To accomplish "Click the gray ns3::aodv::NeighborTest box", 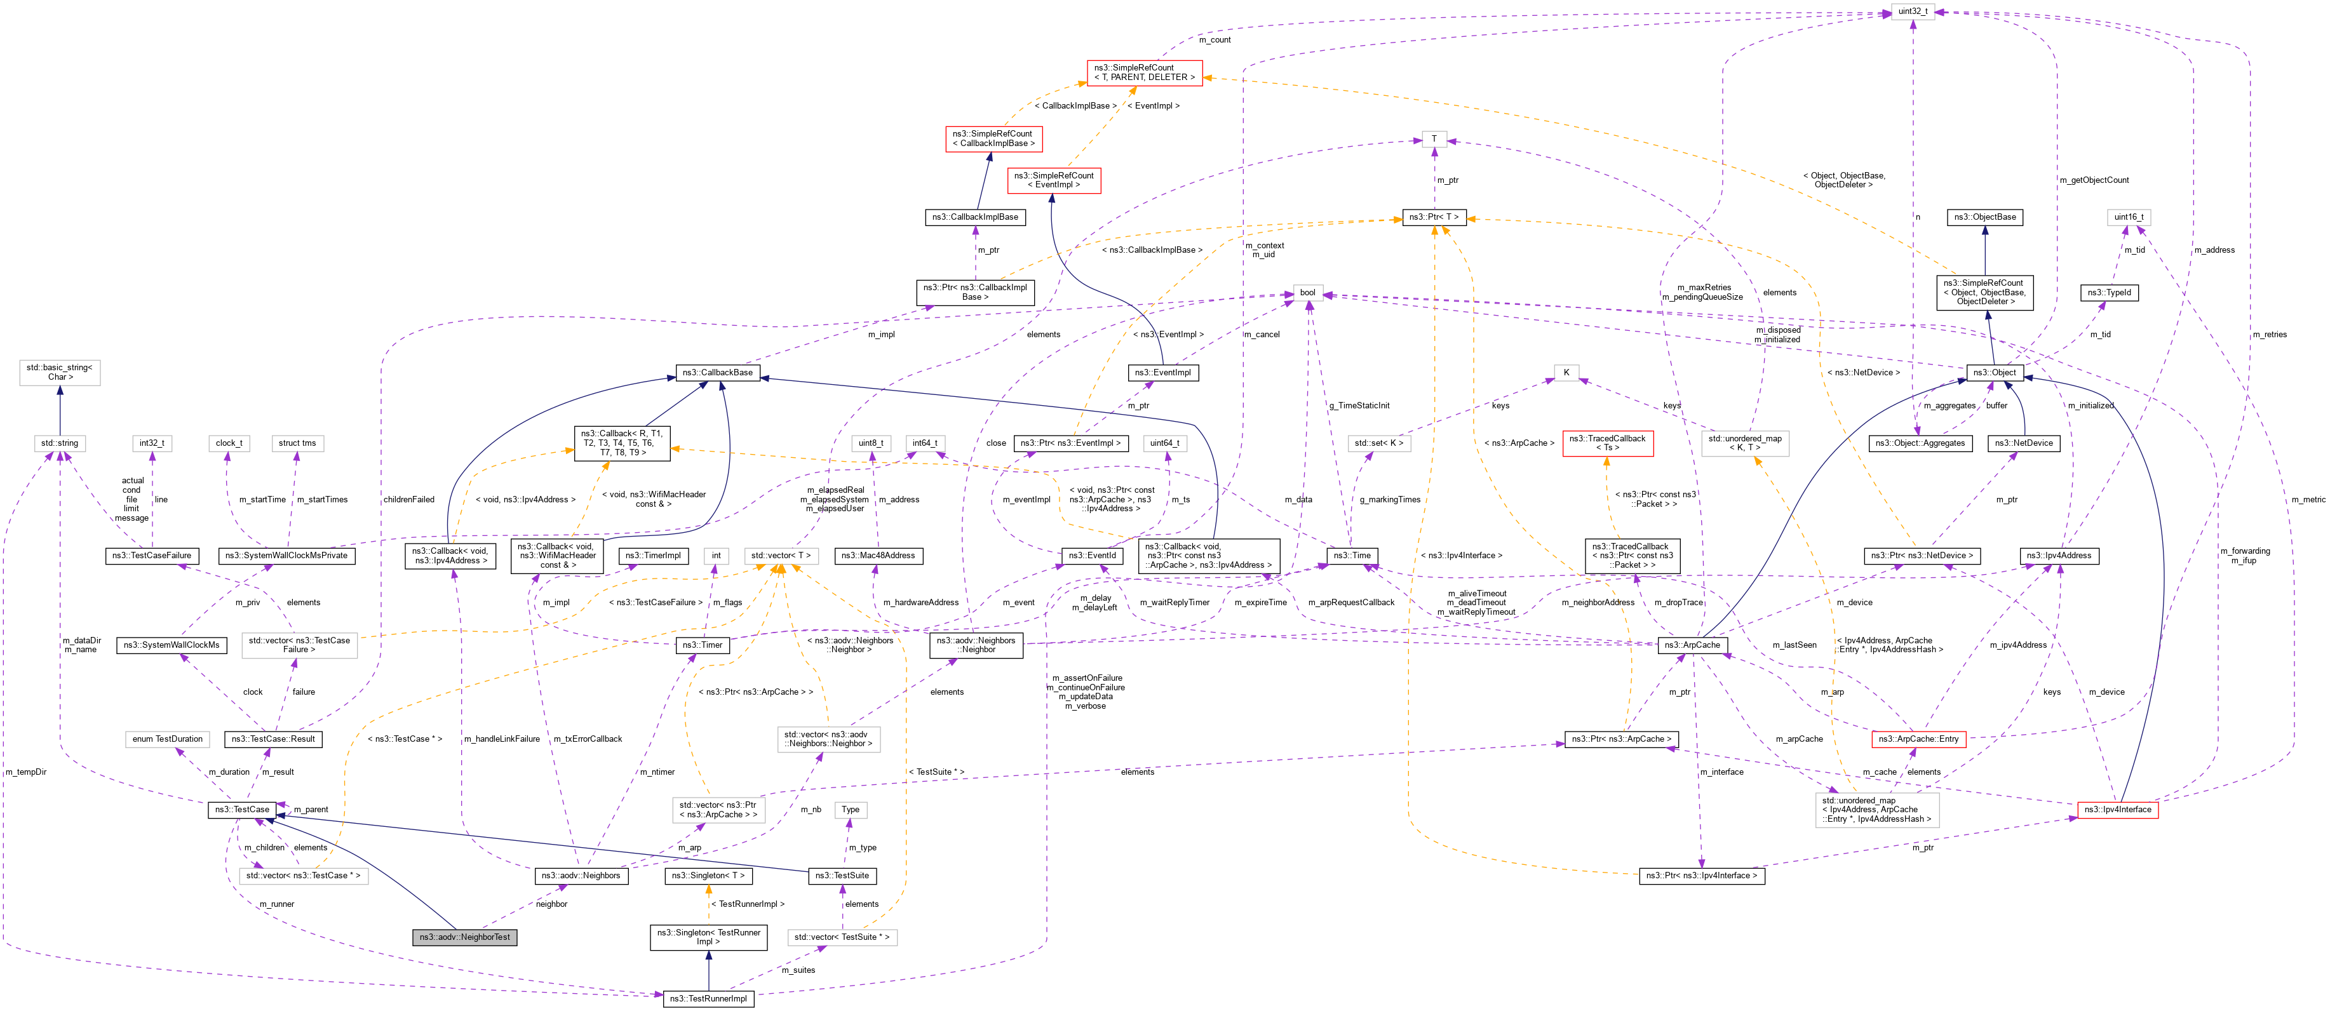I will click(x=464, y=937).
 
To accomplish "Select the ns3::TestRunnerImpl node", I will click(x=708, y=998).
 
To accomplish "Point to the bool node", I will click(x=1307, y=292).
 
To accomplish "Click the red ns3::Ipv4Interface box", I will click(x=2117, y=809).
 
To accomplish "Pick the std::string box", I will click(x=60, y=443).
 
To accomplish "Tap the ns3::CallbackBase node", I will click(x=717, y=373).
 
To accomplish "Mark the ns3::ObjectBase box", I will click(x=1984, y=217).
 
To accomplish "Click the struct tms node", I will click(x=297, y=443).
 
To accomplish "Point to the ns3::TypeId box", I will click(x=2110, y=292).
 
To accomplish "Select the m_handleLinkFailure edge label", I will click(x=501, y=739).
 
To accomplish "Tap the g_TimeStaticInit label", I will click(x=1359, y=405).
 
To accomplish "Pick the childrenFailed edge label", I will click(x=409, y=499).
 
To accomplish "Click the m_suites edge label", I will click(x=798, y=970).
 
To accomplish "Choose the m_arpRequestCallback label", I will click(x=1350, y=602).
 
